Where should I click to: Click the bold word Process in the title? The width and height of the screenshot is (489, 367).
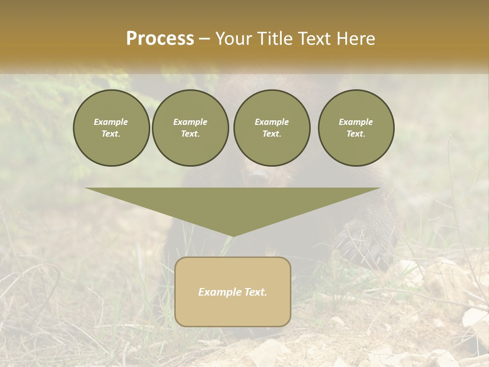point(160,39)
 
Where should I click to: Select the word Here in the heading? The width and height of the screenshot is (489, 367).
point(356,39)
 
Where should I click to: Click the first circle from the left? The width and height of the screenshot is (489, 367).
point(111,128)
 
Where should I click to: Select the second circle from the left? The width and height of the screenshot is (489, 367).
point(190,128)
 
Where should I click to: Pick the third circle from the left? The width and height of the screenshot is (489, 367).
point(271,128)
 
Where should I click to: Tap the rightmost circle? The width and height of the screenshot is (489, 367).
point(356,128)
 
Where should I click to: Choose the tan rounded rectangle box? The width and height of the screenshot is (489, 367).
point(233,292)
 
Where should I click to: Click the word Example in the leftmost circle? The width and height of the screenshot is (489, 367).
point(111,122)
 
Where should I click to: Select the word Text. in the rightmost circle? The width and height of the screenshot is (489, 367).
point(356,134)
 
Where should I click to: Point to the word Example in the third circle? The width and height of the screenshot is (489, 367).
point(271,122)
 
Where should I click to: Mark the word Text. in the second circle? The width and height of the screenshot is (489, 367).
point(190,134)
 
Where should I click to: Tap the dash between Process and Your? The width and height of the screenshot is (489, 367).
point(205,39)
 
